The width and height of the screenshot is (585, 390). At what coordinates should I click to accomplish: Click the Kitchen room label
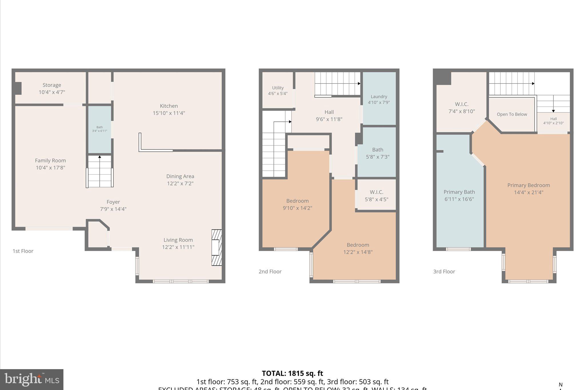tap(169, 106)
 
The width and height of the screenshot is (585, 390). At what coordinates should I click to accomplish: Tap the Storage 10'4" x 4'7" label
tap(52, 89)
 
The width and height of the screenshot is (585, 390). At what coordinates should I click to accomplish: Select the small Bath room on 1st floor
tap(99, 129)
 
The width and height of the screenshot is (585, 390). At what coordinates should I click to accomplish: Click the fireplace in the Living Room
tap(217, 247)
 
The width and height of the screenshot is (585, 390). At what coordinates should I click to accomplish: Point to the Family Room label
tap(50, 161)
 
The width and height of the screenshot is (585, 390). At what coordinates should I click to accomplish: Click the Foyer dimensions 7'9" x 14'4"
tap(113, 209)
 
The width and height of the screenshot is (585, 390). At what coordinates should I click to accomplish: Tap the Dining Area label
tap(180, 176)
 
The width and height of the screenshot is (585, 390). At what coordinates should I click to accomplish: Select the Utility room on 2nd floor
tap(278, 90)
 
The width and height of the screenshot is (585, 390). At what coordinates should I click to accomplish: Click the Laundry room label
tap(379, 97)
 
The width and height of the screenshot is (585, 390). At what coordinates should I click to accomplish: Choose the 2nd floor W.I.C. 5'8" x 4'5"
tap(376, 196)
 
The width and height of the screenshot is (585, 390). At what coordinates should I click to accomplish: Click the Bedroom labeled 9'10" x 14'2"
tap(297, 204)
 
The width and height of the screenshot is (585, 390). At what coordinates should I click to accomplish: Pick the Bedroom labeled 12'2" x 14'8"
tap(358, 248)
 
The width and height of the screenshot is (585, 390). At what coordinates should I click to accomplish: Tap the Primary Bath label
tap(459, 192)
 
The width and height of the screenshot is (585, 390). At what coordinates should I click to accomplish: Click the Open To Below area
tap(512, 114)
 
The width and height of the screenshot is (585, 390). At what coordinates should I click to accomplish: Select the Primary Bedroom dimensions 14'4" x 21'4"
tap(528, 193)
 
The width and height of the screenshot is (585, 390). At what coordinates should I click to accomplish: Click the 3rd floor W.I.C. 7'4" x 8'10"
tap(462, 108)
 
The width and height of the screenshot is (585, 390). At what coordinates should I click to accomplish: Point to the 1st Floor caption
tap(23, 251)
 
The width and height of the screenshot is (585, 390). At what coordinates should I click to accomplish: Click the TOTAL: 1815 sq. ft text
tap(292, 373)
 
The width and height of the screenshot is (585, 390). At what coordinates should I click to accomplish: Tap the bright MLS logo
tap(32, 379)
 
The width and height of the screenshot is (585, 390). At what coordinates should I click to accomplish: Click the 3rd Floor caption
tap(444, 272)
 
